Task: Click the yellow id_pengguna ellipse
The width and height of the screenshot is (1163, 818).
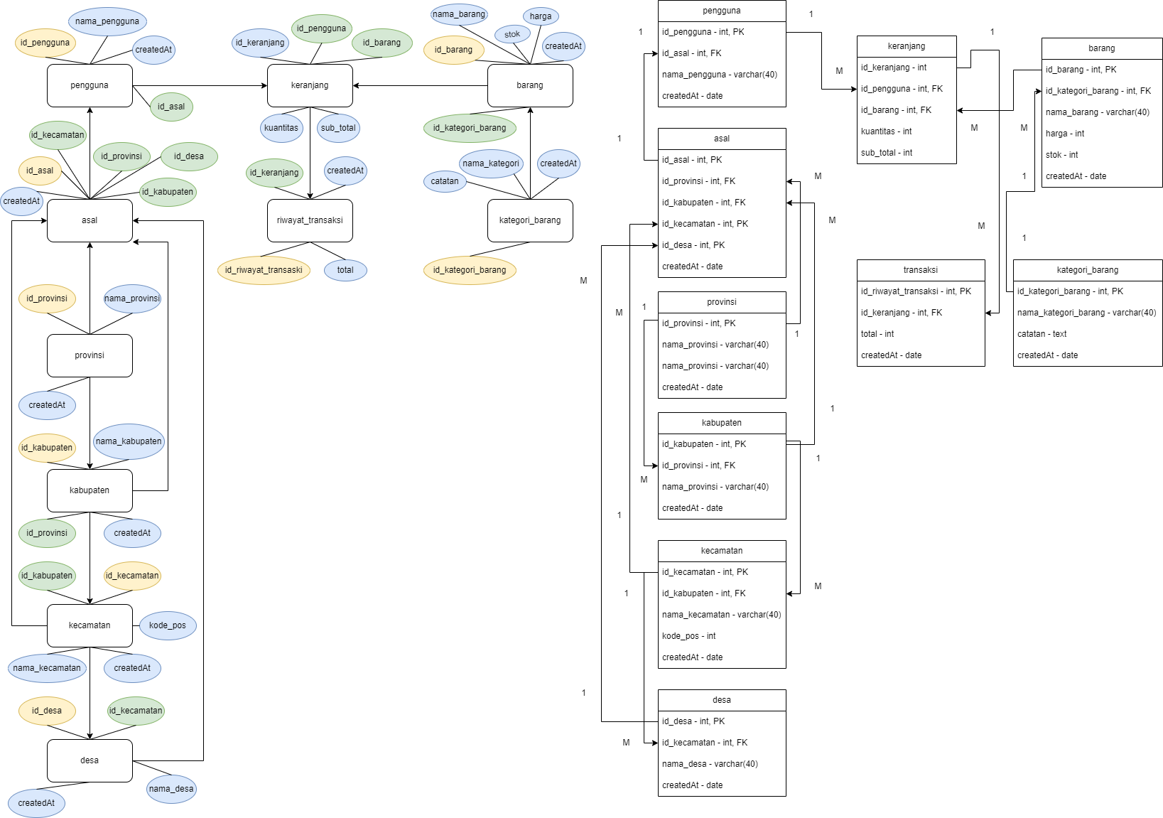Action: coord(45,43)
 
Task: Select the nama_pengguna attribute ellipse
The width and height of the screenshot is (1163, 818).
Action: coord(107,21)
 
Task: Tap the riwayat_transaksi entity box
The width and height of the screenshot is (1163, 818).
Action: coord(310,220)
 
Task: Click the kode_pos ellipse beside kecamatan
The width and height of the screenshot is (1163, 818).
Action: coord(168,625)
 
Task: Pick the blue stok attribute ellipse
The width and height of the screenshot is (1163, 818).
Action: coord(512,34)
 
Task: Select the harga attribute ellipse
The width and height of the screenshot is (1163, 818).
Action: coord(541,16)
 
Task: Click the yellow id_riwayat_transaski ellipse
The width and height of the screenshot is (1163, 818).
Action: coord(264,270)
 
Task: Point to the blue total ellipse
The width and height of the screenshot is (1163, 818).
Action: coord(345,270)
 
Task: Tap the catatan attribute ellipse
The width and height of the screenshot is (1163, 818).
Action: coord(445,181)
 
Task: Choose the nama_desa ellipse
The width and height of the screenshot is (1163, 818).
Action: coord(171,789)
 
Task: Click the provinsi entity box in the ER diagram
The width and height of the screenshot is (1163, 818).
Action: coord(90,355)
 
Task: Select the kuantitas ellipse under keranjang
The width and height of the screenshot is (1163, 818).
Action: coord(281,128)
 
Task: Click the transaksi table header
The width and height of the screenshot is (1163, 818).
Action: coord(921,270)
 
